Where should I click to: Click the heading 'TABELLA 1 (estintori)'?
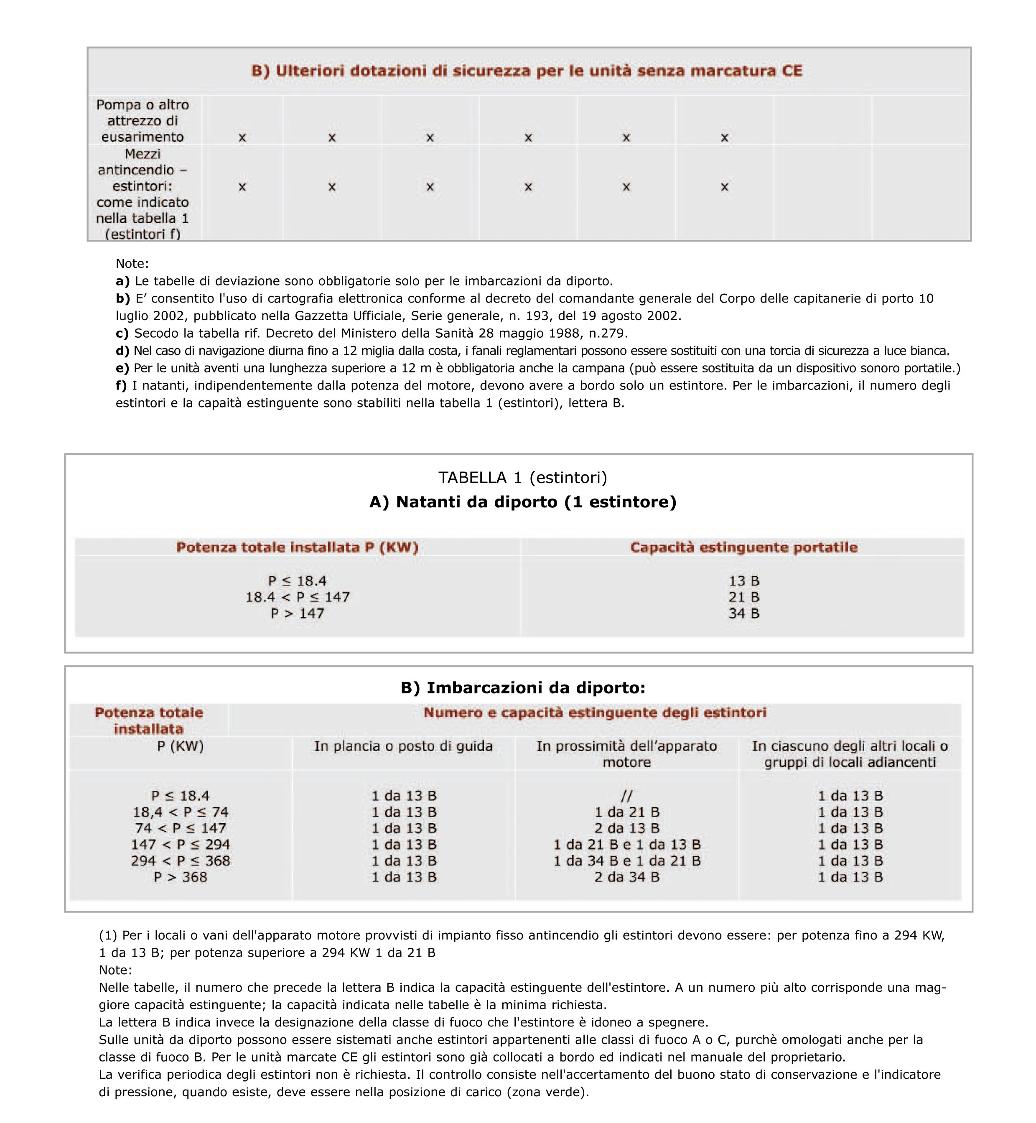(522, 478)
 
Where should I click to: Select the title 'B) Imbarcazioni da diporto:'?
(522, 688)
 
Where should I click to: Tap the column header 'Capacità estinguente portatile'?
(743, 547)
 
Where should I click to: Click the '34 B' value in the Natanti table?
(743, 614)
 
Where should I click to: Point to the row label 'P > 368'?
(180, 877)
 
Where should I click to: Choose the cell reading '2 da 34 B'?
(627, 877)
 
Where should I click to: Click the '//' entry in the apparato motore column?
(627, 796)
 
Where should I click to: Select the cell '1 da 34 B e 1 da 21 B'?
(627, 861)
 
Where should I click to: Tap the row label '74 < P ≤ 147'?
(180, 828)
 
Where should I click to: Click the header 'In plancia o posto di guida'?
(403, 746)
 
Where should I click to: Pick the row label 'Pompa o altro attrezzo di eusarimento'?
(143, 120)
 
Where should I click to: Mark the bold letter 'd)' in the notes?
(122, 351)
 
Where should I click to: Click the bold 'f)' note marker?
(121, 386)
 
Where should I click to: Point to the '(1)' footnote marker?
(108, 935)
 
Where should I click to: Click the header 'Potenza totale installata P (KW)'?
(297, 547)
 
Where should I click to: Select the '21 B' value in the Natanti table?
(743, 597)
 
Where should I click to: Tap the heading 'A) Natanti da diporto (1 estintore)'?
(522, 502)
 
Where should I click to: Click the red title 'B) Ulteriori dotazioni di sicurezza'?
(527, 71)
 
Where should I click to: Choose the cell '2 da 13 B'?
(627, 828)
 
